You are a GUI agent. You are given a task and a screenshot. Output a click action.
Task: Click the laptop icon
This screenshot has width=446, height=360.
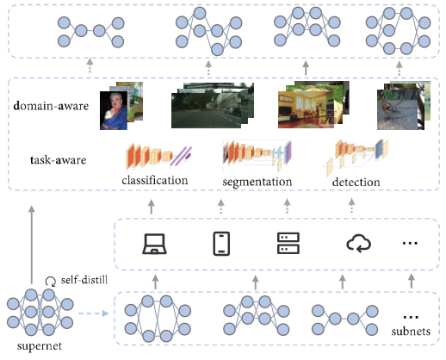click(155, 244)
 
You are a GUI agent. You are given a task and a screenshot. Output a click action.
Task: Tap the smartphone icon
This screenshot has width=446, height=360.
click(221, 244)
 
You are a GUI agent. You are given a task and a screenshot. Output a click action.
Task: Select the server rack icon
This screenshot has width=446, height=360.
click(288, 244)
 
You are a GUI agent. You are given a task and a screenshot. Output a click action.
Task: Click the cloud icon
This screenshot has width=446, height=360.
click(358, 244)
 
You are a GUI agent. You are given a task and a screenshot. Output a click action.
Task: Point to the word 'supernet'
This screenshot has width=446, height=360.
click(40, 346)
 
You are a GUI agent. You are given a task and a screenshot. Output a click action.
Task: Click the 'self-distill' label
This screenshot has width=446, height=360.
click(84, 280)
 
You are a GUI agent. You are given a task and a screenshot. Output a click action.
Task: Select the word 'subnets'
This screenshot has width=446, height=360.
click(411, 332)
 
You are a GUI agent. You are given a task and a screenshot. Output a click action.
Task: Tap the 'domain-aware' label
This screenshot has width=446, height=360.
click(51, 106)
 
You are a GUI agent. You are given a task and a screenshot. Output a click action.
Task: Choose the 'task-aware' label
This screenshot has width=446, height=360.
click(58, 160)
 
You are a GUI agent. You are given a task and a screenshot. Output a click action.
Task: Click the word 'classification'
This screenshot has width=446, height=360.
click(155, 181)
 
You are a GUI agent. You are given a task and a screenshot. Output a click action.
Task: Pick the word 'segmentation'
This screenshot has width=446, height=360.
click(257, 182)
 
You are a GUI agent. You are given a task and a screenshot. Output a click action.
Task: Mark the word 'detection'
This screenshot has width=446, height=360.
click(356, 183)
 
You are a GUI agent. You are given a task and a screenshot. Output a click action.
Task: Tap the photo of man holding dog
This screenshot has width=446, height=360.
click(114, 110)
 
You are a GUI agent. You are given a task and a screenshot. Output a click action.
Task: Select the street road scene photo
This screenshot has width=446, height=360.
click(206, 110)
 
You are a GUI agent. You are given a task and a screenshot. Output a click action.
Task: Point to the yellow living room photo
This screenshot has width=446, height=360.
click(306, 109)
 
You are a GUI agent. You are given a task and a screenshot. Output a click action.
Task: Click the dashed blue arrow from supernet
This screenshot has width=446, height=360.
click(93, 313)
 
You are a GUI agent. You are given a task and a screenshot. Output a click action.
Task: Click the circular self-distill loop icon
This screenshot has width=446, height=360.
click(51, 282)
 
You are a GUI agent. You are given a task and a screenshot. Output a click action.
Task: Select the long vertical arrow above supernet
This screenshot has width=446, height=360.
click(32, 245)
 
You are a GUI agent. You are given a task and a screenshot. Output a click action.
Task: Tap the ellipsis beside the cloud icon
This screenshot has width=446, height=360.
click(410, 244)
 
